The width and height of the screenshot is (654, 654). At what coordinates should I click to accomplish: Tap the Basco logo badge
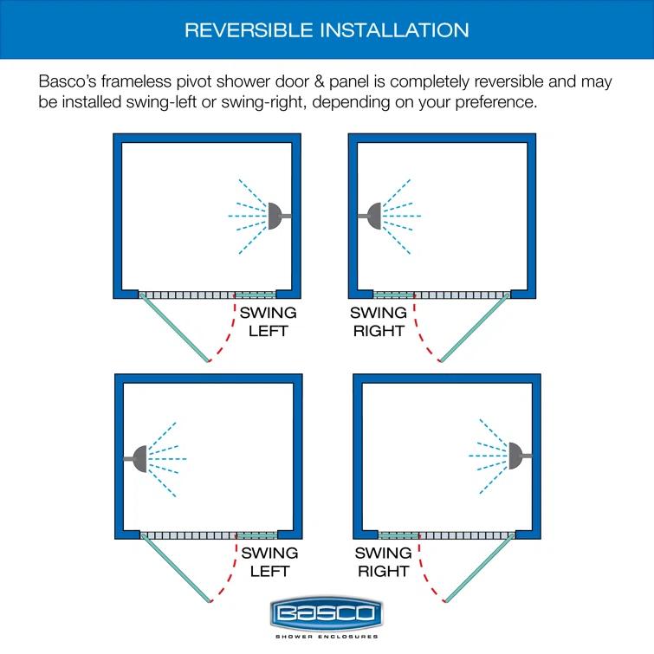327,614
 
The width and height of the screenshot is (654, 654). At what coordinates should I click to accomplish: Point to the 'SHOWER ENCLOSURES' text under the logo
327,637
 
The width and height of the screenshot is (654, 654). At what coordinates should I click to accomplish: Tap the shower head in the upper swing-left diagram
276,214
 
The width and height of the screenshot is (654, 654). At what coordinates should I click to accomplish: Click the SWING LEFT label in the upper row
268,321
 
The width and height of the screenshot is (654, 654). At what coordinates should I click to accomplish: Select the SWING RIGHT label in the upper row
379,321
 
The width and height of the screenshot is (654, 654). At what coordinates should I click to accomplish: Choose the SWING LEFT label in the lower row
269,561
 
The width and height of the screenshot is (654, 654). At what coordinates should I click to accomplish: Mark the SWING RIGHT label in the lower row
383,561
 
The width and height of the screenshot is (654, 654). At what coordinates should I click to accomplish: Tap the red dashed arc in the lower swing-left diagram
230,572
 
